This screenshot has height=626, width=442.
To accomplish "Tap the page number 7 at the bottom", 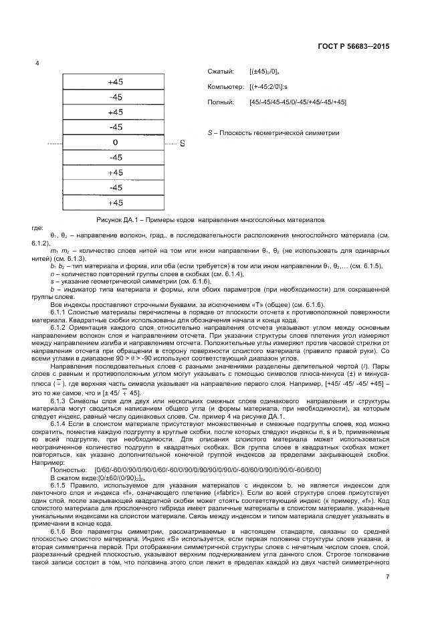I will (x=389, y=577).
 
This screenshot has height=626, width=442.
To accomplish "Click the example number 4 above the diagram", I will (x=37, y=64).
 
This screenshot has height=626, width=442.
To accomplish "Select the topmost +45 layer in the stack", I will (x=115, y=82).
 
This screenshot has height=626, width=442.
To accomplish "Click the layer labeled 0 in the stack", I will (x=115, y=142).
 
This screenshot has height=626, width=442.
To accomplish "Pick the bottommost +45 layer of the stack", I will (x=115, y=203).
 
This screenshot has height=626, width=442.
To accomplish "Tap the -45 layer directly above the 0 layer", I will (x=115, y=127).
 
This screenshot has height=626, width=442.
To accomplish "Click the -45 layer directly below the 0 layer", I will (x=115, y=158).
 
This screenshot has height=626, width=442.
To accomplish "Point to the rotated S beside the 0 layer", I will (x=182, y=143).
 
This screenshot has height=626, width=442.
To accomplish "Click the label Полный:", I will (x=221, y=102).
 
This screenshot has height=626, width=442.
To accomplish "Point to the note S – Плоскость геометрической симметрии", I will (x=273, y=132).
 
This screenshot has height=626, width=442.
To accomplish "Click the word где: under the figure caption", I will (x=37, y=227).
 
